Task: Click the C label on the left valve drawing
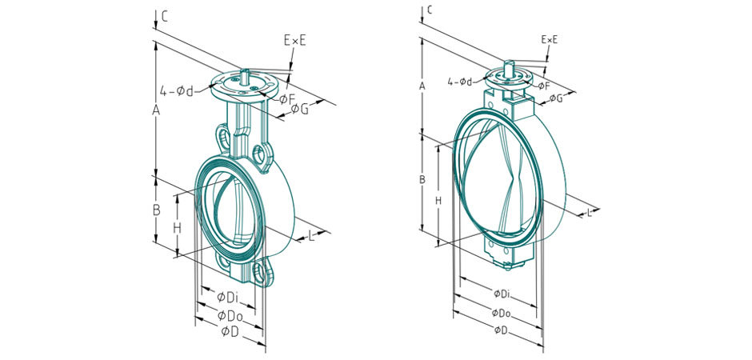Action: [164, 15]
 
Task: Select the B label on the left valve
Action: [158, 210]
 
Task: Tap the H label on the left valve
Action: [178, 227]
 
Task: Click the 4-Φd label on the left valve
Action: [177, 90]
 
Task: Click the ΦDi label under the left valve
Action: [228, 298]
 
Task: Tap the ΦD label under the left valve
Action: [230, 330]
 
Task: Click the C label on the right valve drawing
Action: [430, 10]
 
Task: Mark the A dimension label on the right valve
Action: [422, 85]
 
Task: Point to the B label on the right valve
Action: [422, 180]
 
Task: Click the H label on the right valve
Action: [438, 201]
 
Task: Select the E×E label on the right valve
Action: [550, 38]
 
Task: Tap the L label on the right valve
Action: [590, 212]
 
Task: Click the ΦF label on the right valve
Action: [542, 85]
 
